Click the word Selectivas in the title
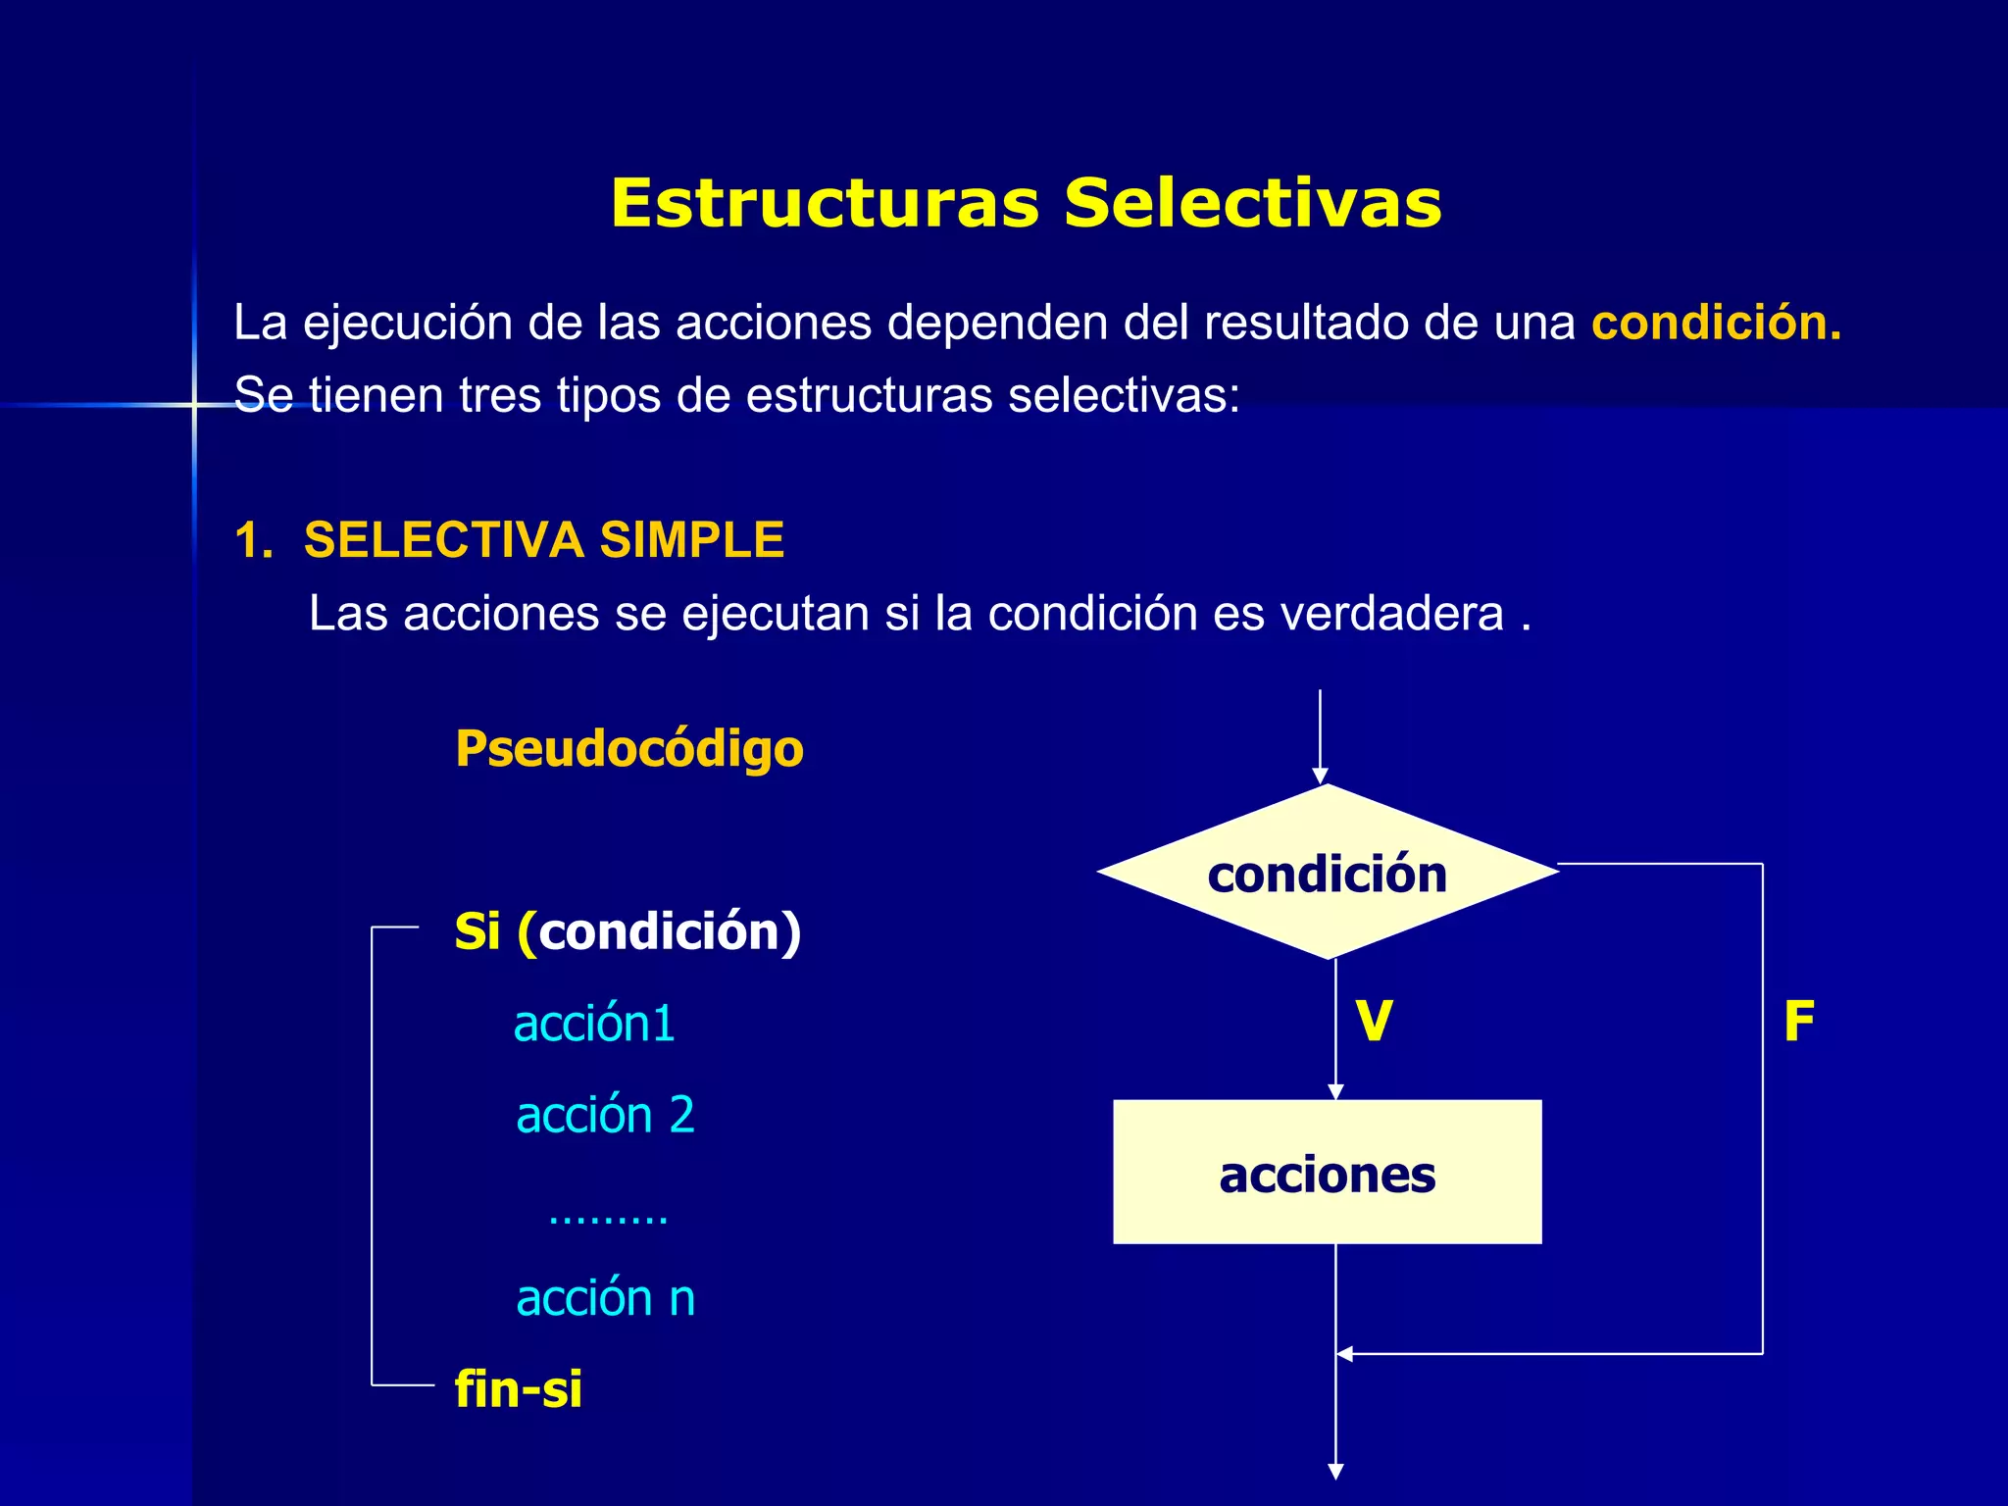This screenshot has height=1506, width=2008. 1252,203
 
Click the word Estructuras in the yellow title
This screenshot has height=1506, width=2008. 824,203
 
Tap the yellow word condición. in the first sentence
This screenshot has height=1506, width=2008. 1716,323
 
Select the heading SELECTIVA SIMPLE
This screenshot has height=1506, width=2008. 544,540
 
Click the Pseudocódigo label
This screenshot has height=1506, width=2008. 629,749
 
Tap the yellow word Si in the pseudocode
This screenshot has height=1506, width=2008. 477,930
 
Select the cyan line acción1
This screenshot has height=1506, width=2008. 594,1024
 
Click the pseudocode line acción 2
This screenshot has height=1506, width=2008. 605,1115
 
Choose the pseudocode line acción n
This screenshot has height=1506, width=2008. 605,1298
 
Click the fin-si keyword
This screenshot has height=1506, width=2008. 519,1389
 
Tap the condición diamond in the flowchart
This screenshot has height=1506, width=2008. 1328,872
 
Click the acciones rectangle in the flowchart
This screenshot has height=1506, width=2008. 1328,1173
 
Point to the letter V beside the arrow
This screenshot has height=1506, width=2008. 1374,1021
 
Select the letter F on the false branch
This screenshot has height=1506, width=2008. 1799,1021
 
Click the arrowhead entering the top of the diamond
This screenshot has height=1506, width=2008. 1321,777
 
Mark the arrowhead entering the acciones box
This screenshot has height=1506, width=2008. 1335,1092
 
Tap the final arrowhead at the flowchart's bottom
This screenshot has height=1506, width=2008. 1335,1472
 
